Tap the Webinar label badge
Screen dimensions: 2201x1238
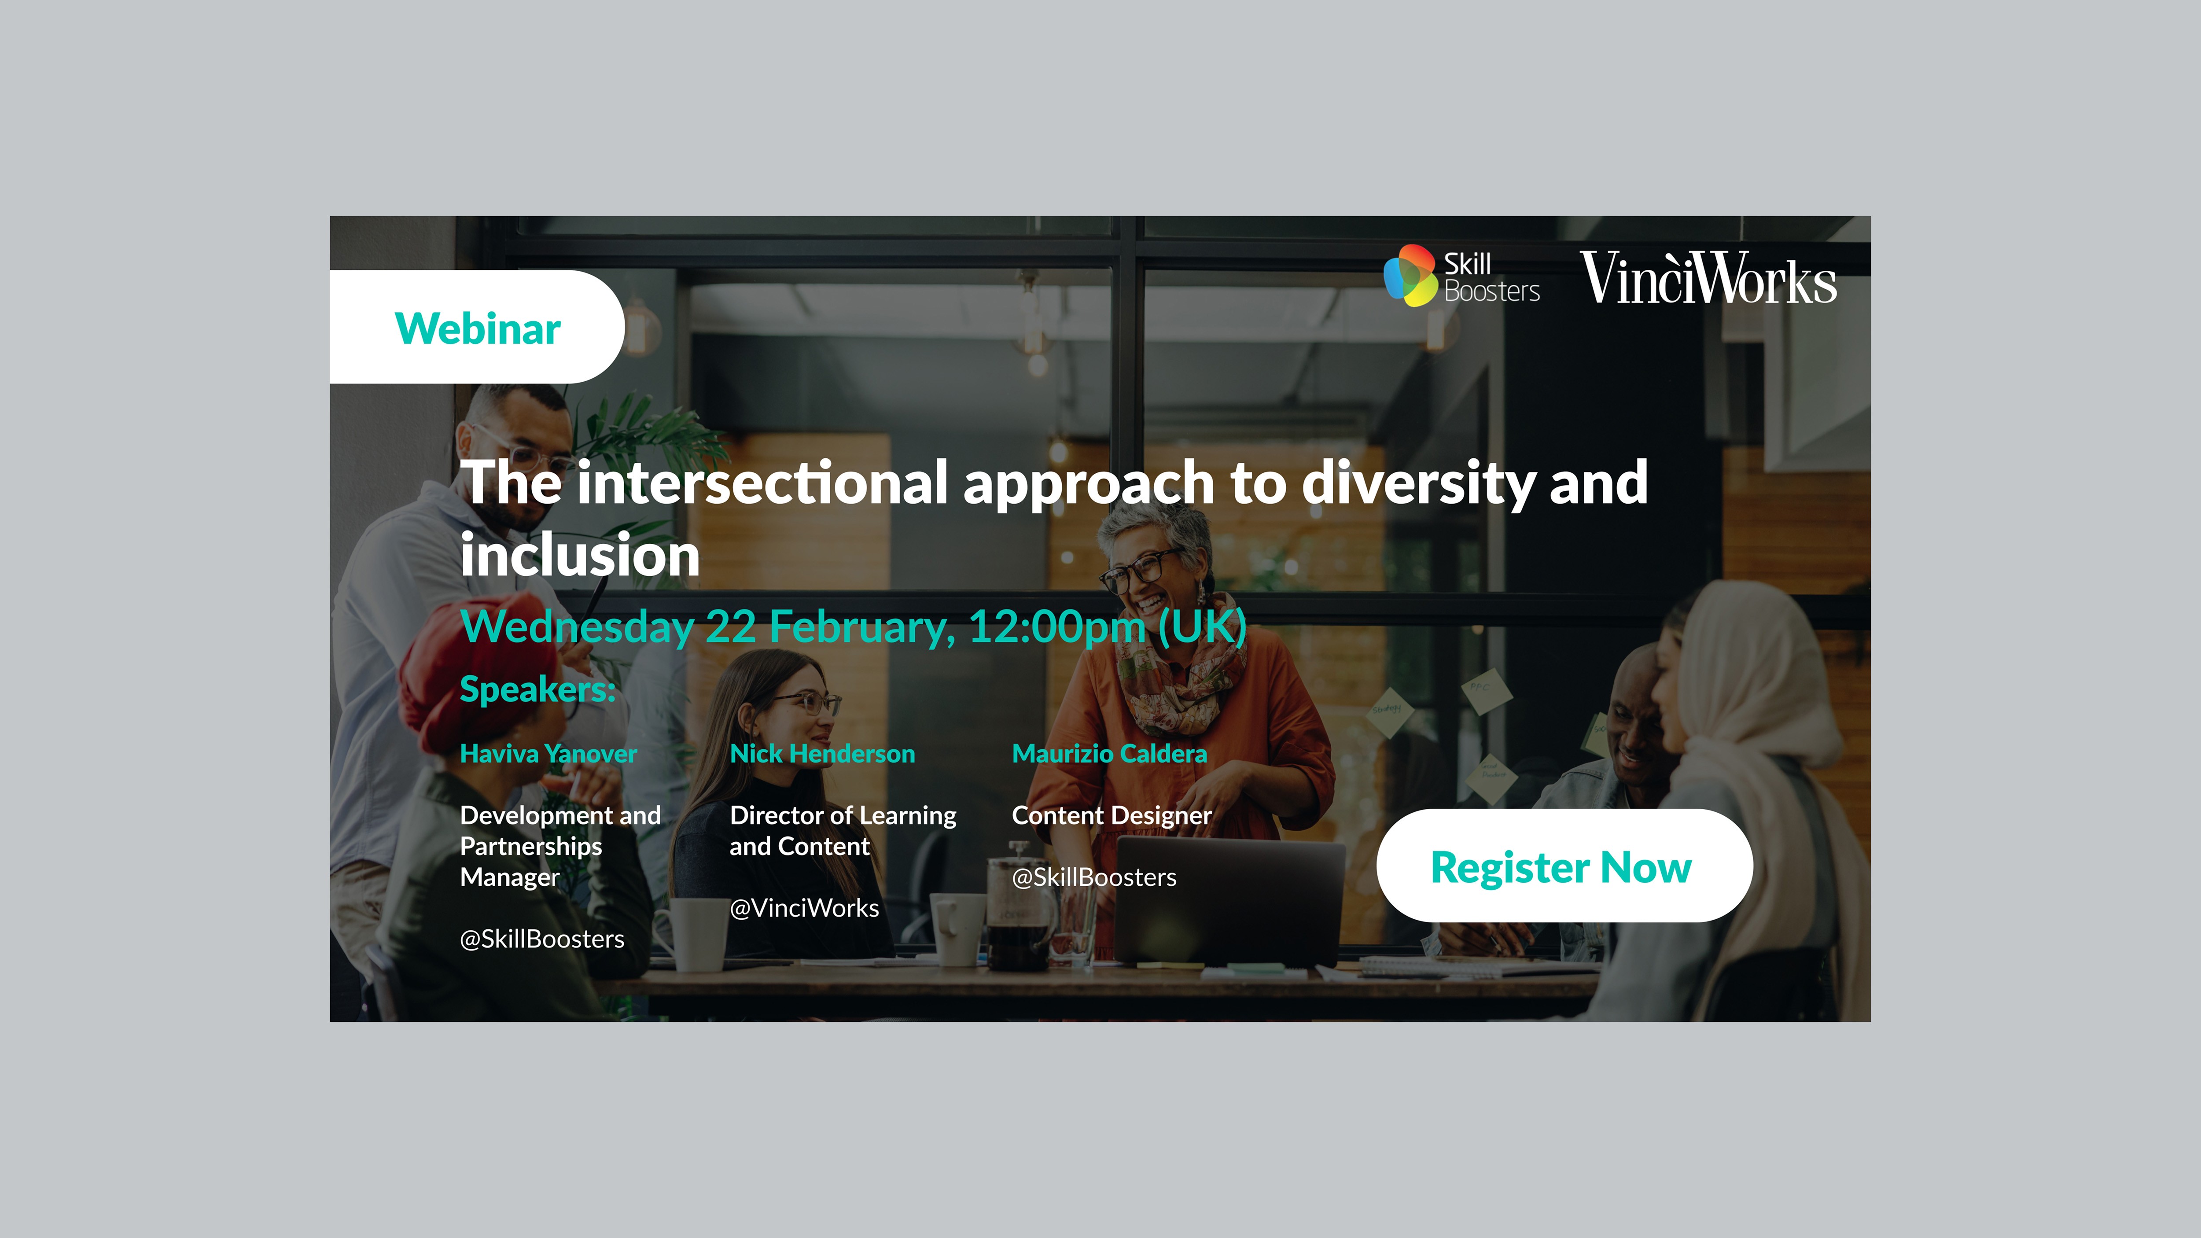click(477, 327)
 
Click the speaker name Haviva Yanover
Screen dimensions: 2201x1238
click(548, 754)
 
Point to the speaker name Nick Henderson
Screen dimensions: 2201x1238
click(822, 754)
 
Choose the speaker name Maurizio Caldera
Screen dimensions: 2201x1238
click(1109, 754)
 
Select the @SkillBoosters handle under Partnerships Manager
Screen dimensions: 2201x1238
click(542, 939)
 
